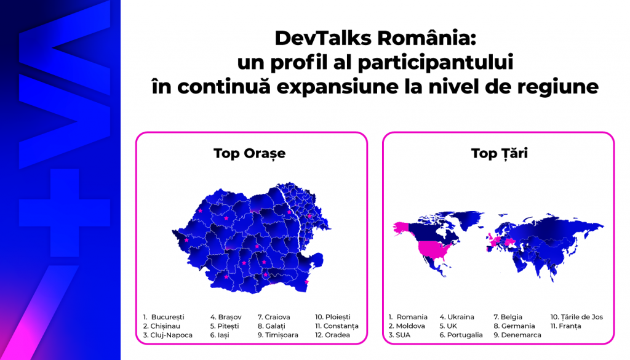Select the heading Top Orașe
point(250,153)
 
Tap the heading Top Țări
point(499,153)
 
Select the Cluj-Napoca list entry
point(171,335)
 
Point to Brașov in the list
point(229,317)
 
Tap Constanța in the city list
point(340,326)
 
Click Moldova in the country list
point(410,326)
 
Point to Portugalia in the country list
point(465,335)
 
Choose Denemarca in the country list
point(520,335)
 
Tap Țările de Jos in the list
point(580,317)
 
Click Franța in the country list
point(570,326)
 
